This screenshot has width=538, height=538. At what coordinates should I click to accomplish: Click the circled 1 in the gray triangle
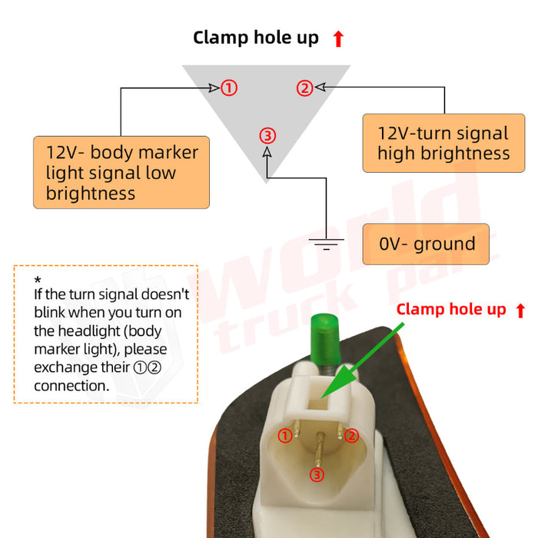[x=229, y=88]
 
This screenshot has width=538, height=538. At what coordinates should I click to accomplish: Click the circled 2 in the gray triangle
[x=304, y=88]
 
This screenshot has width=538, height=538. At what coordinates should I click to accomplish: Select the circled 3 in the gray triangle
[x=267, y=135]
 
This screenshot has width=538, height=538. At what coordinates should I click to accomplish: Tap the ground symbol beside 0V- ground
[x=326, y=244]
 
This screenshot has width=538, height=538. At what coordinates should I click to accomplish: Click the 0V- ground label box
[x=426, y=244]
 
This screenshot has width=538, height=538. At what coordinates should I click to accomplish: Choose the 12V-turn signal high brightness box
[x=443, y=143]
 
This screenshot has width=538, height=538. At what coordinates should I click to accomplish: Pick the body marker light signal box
[x=121, y=172]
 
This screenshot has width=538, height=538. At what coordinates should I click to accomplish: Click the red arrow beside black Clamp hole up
[x=338, y=38]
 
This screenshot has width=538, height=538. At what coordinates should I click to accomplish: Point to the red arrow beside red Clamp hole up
[x=520, y=311]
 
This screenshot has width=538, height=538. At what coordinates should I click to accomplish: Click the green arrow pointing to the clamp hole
[x=362, y=360]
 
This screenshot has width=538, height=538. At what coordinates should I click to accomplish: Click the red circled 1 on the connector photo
[x=285, y=436]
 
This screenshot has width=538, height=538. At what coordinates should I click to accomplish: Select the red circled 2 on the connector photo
[x=351, y=436]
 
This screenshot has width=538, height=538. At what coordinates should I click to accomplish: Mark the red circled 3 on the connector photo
[x=317, y=475]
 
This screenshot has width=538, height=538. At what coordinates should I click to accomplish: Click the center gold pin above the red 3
[x=319, y=449]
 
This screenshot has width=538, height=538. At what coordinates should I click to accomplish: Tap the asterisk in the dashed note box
[x=38, y=280]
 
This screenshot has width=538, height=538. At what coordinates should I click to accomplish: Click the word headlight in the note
[x=89, y=331]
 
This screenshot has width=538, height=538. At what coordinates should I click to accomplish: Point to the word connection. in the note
[x=71, y=386]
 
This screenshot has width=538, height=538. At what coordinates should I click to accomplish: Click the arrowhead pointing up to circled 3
[x=267, y=151]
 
